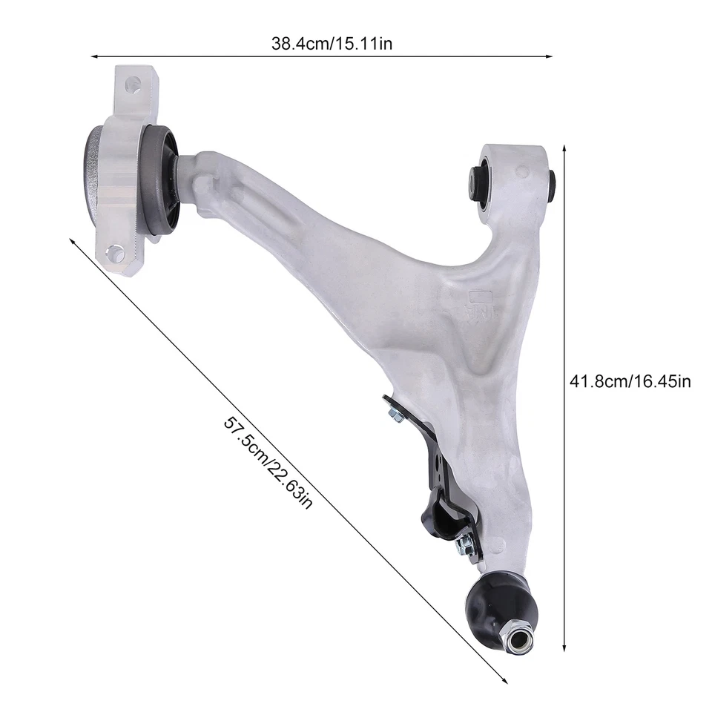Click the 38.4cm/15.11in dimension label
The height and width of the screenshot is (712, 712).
pos(332,44)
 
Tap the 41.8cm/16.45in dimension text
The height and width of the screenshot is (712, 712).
pos(630,382)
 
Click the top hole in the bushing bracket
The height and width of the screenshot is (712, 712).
pos(133,83)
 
